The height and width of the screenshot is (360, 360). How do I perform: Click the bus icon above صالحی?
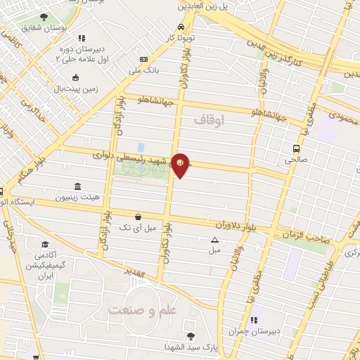(x=297, y=148)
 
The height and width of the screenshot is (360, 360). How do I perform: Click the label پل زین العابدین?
(x=204, y=5)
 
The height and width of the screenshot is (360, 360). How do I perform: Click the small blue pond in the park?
(x=141, y=148)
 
